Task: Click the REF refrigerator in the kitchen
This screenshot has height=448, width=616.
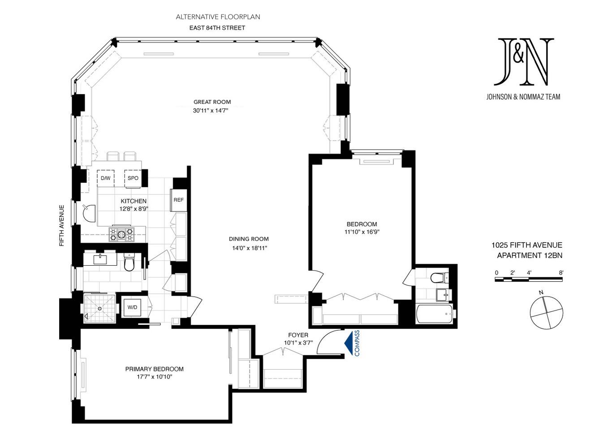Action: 178,200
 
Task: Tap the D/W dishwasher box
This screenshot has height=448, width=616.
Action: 106,178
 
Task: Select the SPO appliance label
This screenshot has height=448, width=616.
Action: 133,178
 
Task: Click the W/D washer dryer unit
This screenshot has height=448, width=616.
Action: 132,307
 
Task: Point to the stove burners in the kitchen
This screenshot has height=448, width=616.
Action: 121,234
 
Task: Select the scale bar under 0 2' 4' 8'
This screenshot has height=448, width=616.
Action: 529,280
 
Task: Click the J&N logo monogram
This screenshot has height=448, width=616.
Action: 523,62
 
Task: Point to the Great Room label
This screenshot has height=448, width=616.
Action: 212,102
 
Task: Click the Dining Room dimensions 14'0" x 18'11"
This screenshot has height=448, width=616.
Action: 250,248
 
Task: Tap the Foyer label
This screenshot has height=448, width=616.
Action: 298,335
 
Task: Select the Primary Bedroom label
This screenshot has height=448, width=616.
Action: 154,369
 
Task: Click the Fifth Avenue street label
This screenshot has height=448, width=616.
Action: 62,225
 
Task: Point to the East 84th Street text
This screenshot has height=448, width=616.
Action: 217,28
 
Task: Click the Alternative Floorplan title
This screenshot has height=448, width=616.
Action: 218,17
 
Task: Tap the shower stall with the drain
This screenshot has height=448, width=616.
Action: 99,308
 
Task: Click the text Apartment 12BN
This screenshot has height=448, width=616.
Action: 530,255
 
